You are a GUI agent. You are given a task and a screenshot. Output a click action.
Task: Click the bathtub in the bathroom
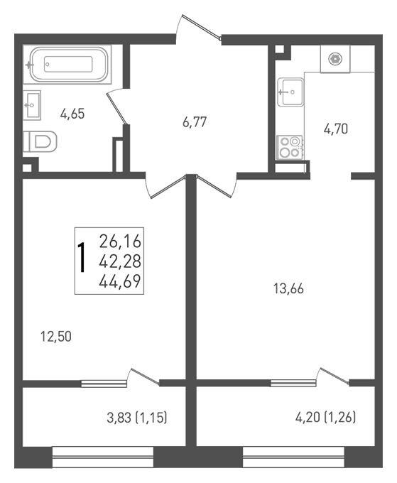[x=67, y=65]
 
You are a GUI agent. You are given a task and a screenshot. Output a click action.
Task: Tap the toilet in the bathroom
[x=40, y=141]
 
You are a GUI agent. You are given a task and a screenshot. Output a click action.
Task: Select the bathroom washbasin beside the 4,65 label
[x=32, y=105]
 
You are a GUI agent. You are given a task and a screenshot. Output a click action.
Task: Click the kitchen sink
[x=290, y=92]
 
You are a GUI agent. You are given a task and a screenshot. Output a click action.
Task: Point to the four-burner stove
[x=290, y=147]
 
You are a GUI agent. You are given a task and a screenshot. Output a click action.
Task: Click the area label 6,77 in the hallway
[x=195, y=122]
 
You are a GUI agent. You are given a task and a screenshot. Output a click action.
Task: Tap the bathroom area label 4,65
[x=72, y=114]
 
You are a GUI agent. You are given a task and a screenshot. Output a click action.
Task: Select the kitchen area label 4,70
[x=336, y=129]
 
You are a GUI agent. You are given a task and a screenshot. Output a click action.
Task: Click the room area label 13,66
[x=288, y=289]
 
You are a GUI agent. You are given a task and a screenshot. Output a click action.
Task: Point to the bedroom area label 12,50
[x=56, y=337]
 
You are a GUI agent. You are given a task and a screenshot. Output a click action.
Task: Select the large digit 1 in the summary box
[x=82, y=258]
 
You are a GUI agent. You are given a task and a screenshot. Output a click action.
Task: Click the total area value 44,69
[x=120, y=281]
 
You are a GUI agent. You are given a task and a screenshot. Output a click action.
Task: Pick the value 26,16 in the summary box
[x=120, y=241]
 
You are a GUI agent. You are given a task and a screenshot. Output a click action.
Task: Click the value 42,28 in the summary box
[x=120, y=261]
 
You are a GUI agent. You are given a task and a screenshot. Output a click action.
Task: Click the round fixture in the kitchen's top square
[x=335, y=59]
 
